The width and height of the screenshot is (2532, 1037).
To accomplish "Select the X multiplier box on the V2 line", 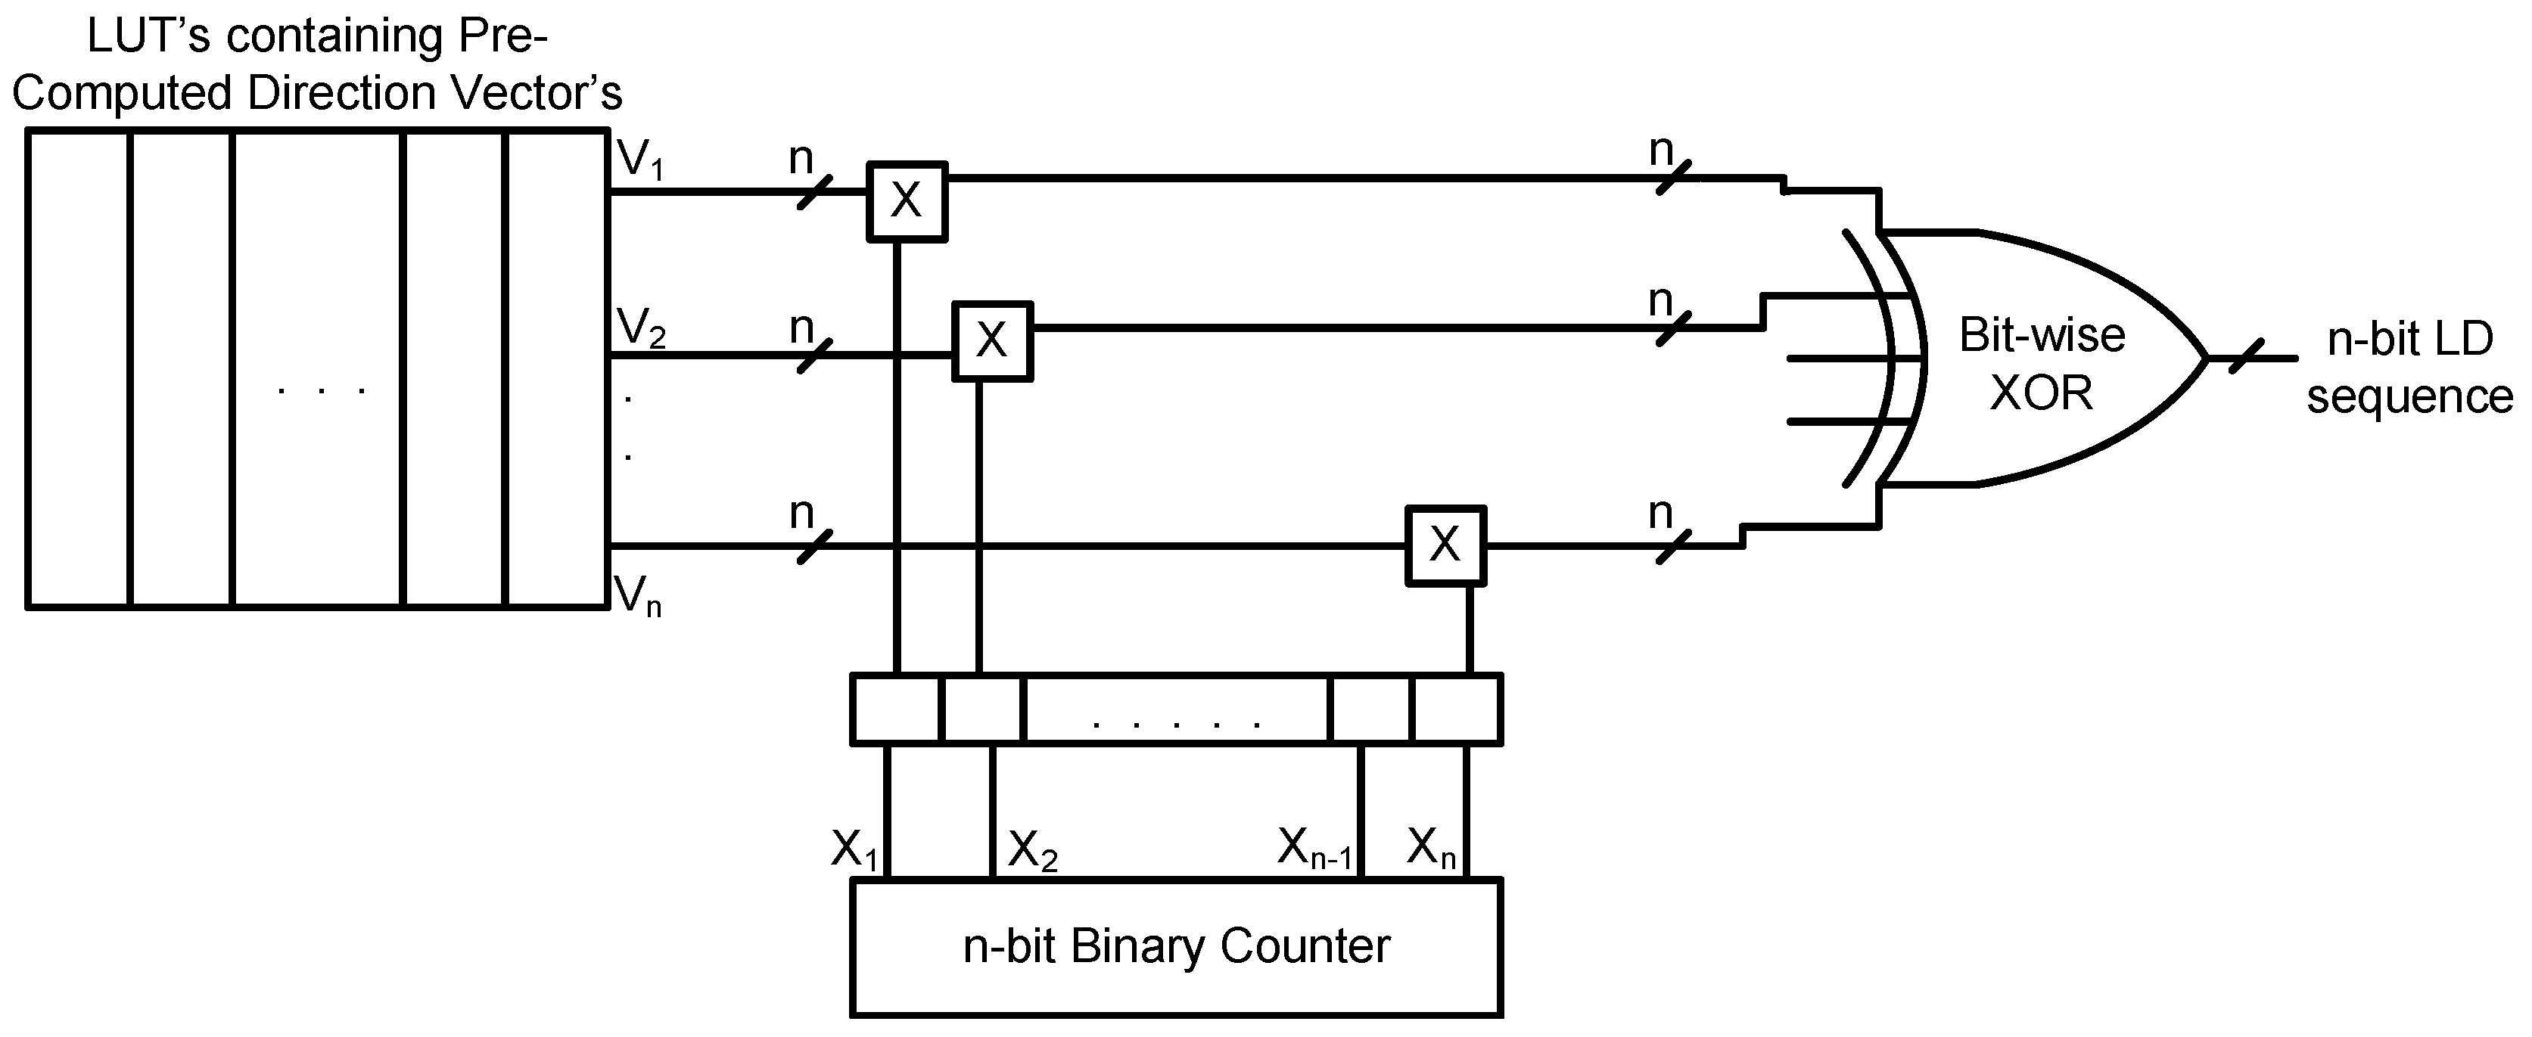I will [x=992, y=341].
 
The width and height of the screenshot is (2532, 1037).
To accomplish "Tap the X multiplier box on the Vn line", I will [x=1445, y=545].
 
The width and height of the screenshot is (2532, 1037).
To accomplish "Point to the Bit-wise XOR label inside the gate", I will [x=2042, y=364].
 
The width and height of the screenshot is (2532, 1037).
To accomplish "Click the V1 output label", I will [x=641, y=160].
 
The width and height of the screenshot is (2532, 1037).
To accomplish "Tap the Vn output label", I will [x=638, y=595].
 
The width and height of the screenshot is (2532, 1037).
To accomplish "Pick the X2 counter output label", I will [x=1033, y=850].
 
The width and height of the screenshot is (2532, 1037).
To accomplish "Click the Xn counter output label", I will [x=1430, y=848].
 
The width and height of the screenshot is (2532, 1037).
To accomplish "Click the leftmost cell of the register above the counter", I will [x=895, y=708].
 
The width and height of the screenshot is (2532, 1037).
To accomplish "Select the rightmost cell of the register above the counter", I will [x=1456, y=708].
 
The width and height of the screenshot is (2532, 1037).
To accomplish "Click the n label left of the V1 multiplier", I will [x=802, y=158].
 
